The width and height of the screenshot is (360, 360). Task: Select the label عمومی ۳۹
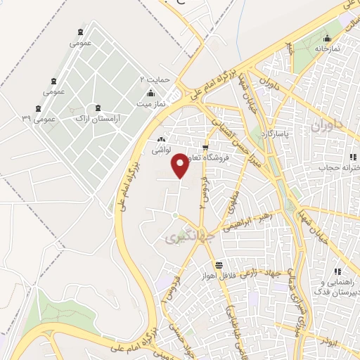(39, 119)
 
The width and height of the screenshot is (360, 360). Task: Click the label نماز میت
(150, 103)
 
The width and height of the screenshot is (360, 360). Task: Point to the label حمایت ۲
(155, 79)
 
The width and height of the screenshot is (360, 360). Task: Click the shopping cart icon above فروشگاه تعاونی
(205, 148)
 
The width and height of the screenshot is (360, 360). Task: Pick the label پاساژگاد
(277, 133)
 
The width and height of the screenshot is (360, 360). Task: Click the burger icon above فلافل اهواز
(219, 265)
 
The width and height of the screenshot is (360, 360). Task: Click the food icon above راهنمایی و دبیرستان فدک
(338, 271)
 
